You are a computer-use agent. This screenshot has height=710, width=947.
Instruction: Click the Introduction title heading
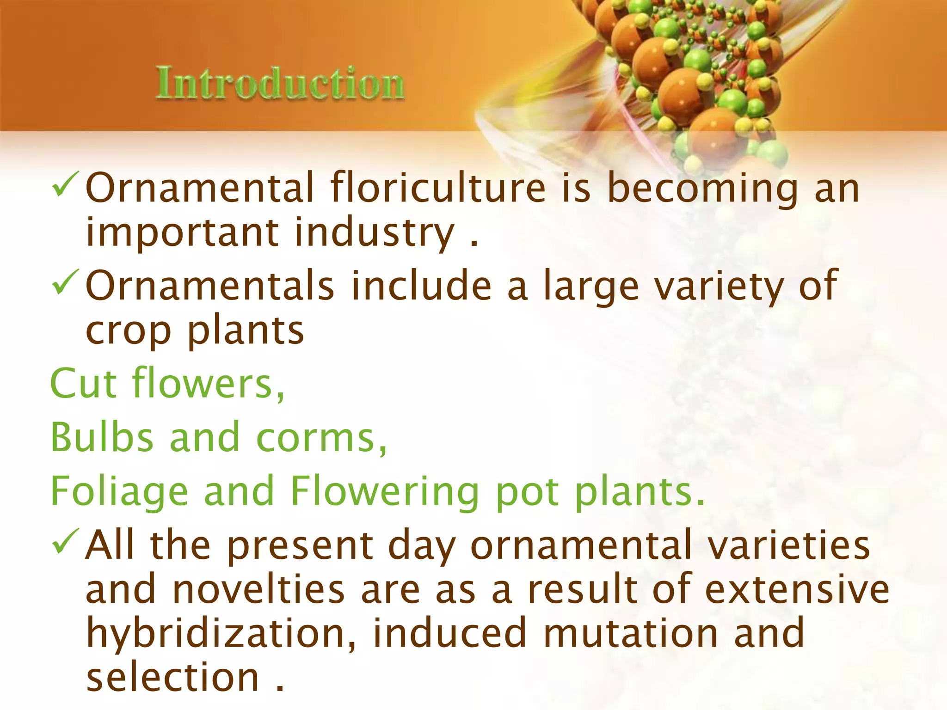280,83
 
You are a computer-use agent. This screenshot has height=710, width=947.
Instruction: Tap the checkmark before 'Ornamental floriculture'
66,184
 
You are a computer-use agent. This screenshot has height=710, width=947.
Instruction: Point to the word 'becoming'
702,189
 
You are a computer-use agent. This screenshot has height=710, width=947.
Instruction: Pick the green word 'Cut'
83,384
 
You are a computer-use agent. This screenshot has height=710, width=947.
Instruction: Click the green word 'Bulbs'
101,437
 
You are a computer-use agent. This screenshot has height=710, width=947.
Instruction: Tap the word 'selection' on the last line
172,678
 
